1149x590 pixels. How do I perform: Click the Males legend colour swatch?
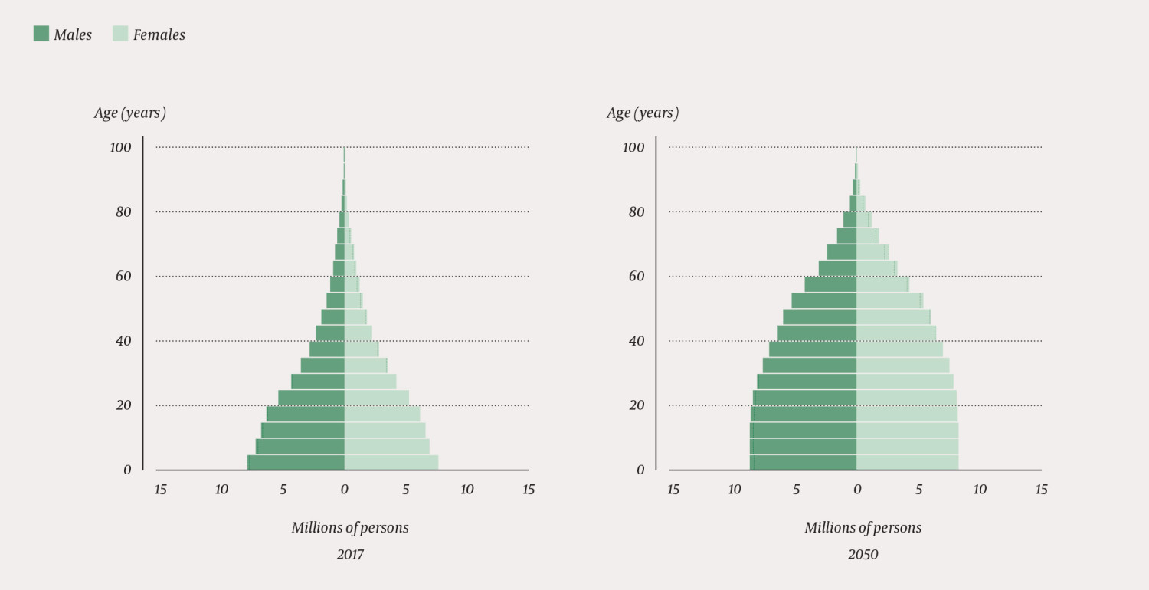(41, 34)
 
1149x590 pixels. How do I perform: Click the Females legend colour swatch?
(120, 34)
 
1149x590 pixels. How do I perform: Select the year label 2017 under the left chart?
(350, 554)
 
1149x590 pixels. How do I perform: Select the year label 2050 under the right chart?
(863, 554)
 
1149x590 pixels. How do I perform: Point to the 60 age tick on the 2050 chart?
(637, 276)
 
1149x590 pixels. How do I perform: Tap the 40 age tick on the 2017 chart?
(123, 341)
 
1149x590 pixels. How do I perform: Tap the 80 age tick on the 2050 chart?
(637, 212)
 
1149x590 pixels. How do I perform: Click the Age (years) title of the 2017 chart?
(130, 113)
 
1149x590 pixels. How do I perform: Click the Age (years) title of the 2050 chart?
(643, 113)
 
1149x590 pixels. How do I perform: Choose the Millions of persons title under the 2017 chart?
(350, 528)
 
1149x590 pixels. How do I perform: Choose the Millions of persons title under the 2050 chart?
(863, 528)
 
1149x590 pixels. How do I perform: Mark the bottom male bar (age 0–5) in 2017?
(296, 462)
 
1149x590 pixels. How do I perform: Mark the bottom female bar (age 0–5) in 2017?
(391, 462)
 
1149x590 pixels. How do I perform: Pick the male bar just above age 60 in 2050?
(838, 268)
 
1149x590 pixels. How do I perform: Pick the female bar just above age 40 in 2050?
(895, 333)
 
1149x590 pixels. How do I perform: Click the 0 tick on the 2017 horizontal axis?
(344, 490)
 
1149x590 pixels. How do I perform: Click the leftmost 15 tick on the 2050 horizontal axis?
(673, 490)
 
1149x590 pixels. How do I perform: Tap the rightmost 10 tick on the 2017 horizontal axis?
(467, 490)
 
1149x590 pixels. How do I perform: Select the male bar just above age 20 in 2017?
(311, 398)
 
